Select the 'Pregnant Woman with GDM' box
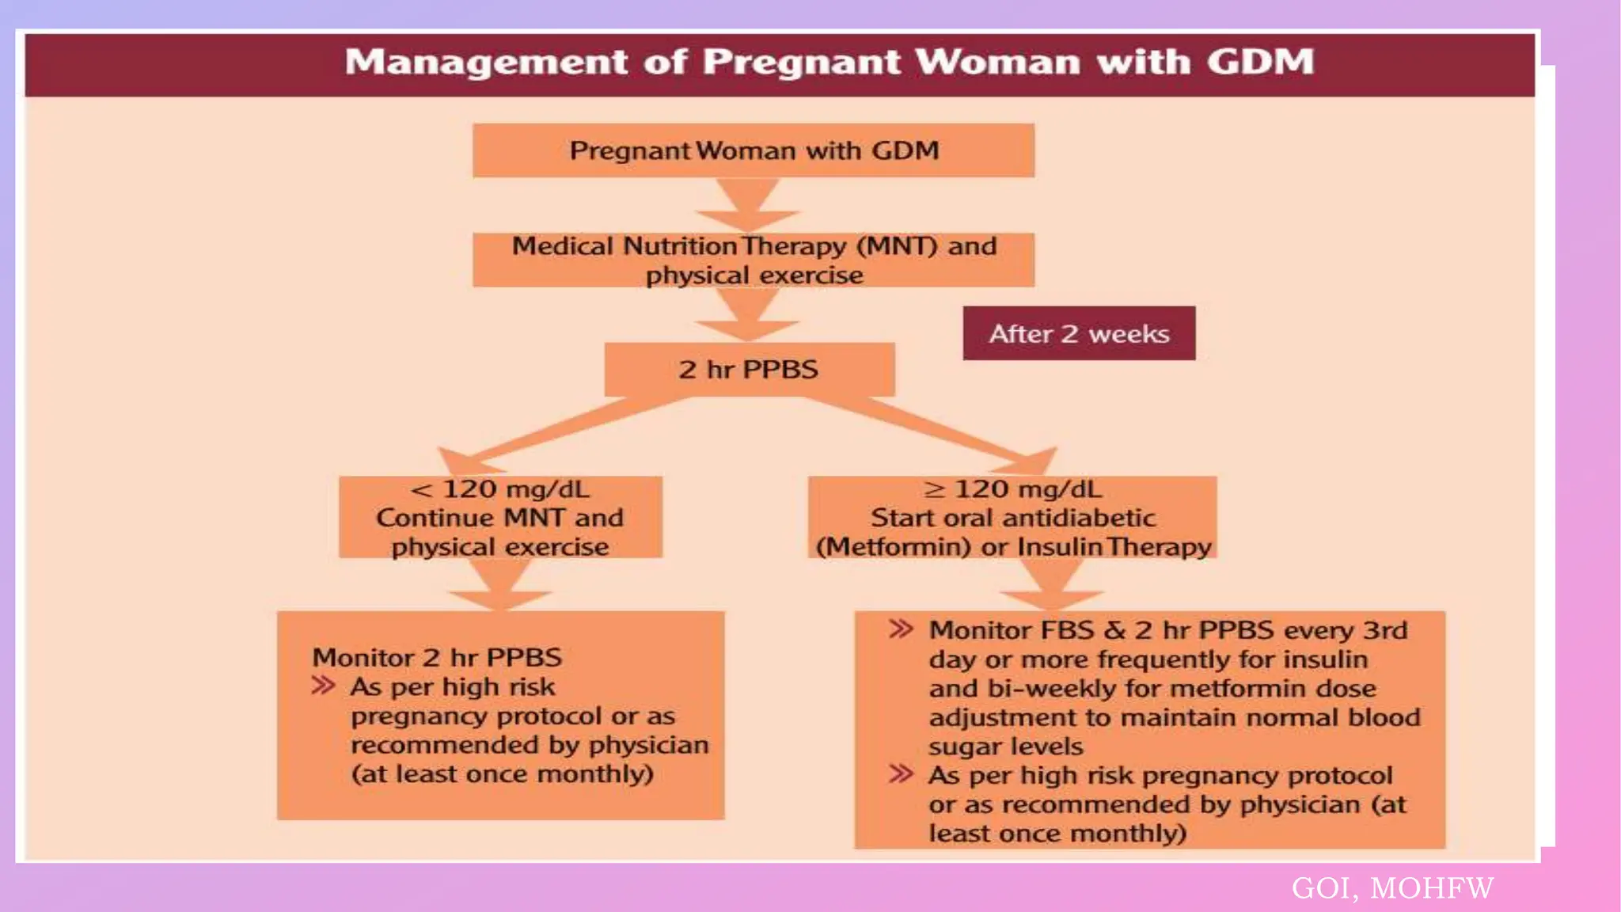tap(753, 150)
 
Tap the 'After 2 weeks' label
tap(1079, 333)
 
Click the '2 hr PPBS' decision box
tap(749, 369)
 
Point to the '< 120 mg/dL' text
tap(500, 489)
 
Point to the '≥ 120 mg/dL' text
tap(1012, 489)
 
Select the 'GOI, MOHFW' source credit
tap(1392, 888)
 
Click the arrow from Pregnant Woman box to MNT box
tap(748, 204)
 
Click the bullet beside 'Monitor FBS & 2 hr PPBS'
tap(901, 629)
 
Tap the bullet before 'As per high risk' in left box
tap(323, 686)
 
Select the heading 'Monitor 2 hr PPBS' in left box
tap(437, 657)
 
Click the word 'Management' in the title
tap(486, 62)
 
